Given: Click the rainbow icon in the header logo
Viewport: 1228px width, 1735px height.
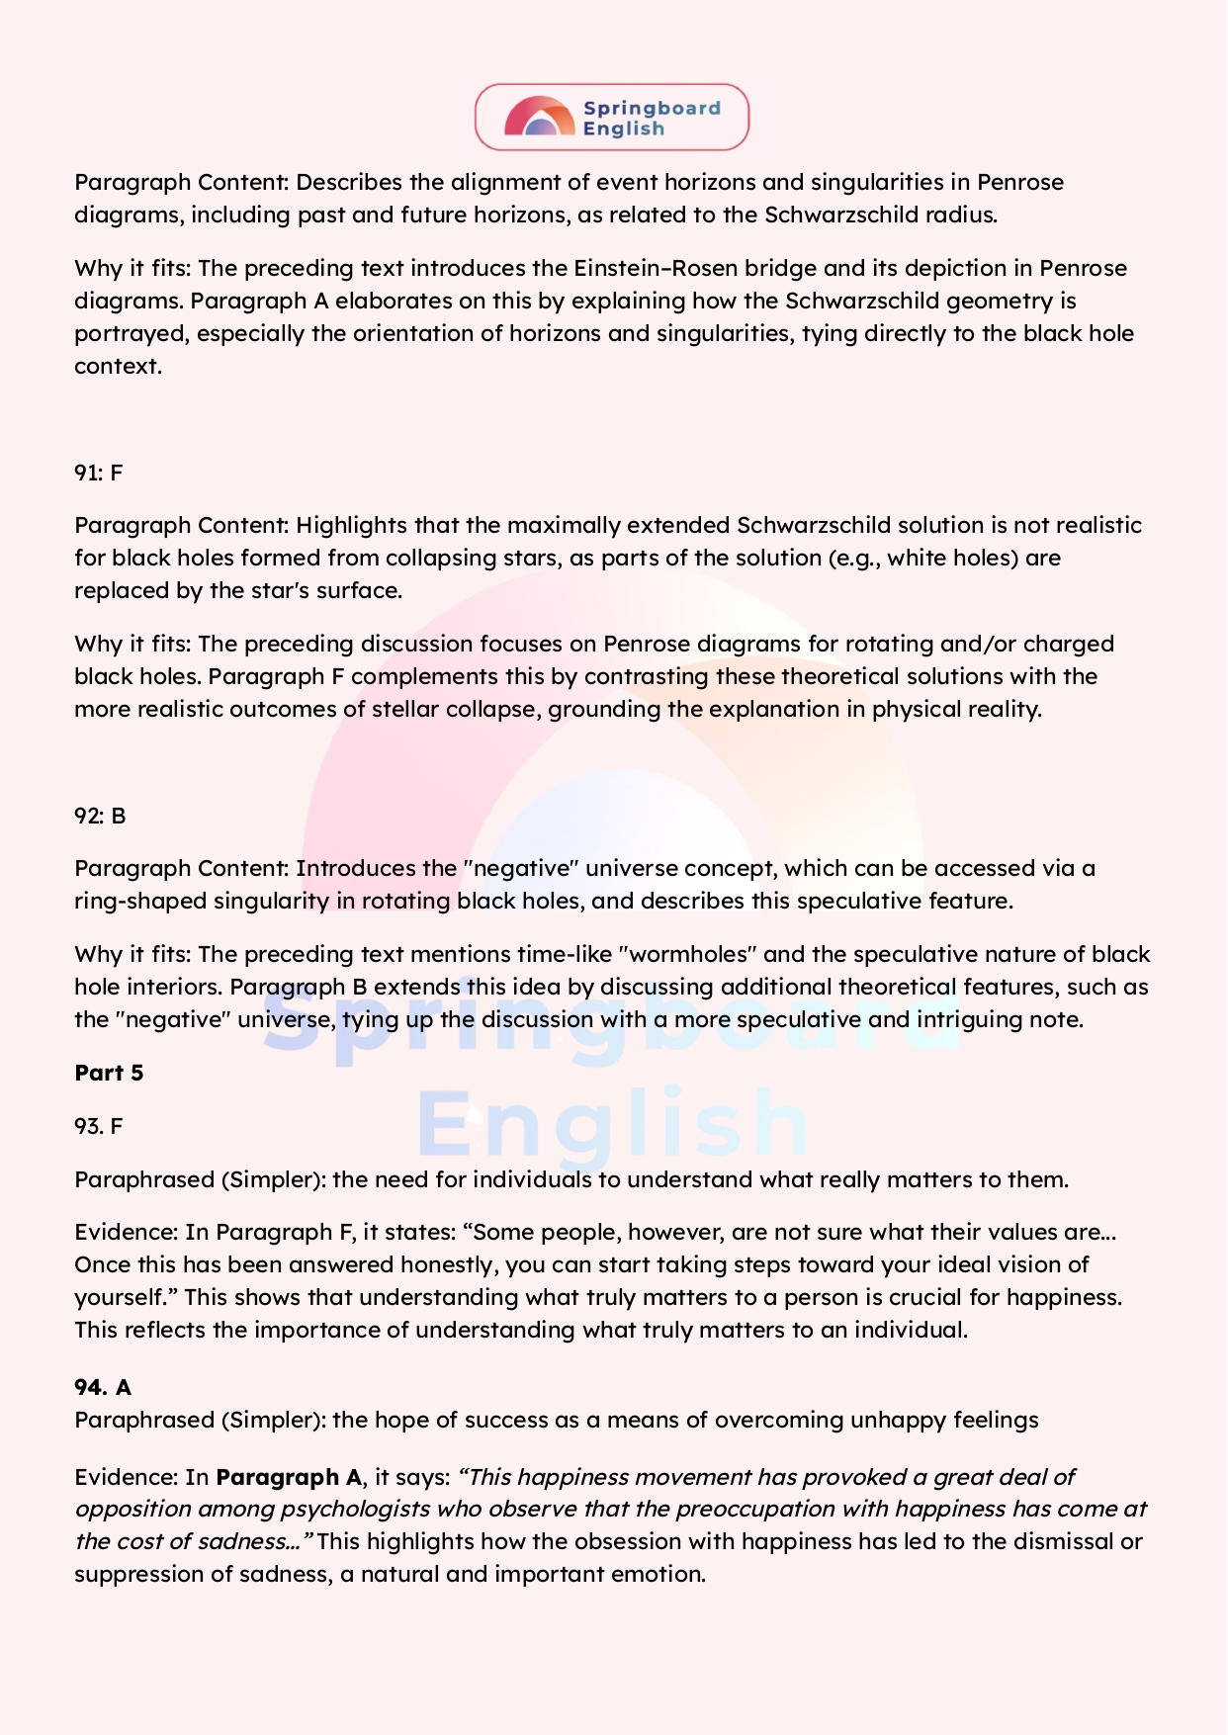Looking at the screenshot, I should pyautogui.click(x=539, y=117).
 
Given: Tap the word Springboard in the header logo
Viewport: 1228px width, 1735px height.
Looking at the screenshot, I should pyautogui.click(x=651, y=108).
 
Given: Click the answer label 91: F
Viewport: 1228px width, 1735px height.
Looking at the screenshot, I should pyautogui.click(x=98, y=473).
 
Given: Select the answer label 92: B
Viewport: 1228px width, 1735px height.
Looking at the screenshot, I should pyautogui.click(x=100, y=816).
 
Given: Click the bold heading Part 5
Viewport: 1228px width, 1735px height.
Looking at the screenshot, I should pyautogui.click(x=109, y=1073).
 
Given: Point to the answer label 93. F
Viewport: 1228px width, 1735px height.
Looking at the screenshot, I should pyautogui.click(x=98, y=1126).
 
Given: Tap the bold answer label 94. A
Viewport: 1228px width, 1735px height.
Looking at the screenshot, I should pyautogui.click(x=103, y=1387).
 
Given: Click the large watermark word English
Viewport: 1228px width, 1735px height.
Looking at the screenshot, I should pyautogui.click(x=612, y=1123).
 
